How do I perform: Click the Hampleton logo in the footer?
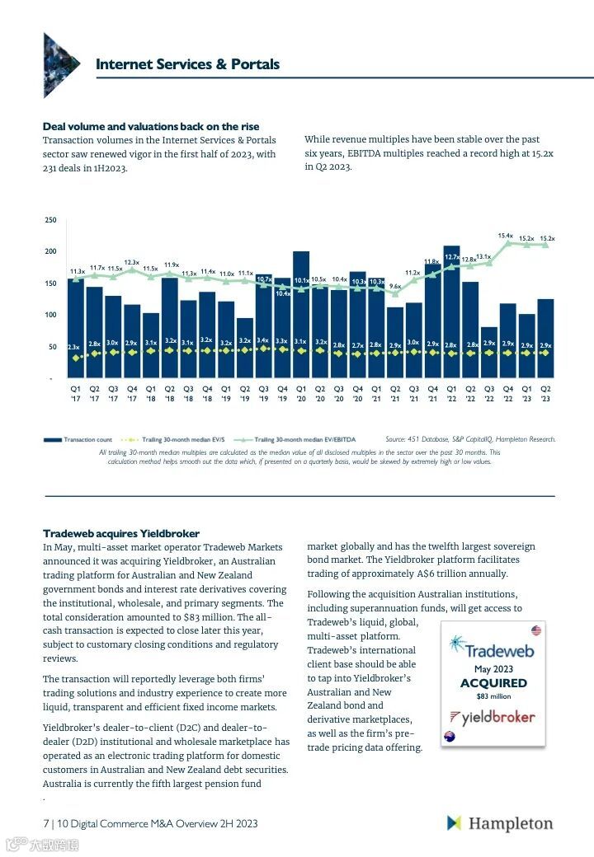[x=500, y=823]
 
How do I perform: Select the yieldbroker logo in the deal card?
[x=493, y=716]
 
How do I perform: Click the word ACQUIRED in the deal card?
[x=493, y=683]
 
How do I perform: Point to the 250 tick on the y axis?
[x=50, y=220]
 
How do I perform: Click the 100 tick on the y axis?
[x=50, y=315]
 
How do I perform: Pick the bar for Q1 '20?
[x=301, y=314]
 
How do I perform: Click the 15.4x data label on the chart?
[x=506, y=236]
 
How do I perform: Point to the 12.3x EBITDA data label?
[x=132, y=262]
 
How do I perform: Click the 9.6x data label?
[x=395, y=287]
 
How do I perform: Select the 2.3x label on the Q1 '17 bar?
[x=74, y=347]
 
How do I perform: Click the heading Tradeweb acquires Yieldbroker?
[x=120, y=533]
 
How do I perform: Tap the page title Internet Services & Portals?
[x=187, y=64]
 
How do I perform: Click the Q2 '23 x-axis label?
[x=545, y=392]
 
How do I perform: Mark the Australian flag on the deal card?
[x=450, y=735]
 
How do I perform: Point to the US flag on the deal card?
[x=536, y=630]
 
